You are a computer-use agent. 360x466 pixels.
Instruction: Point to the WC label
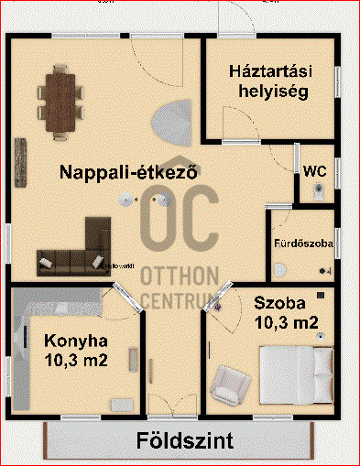pos(314,171)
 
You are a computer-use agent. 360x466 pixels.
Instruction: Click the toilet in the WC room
pos(317,190)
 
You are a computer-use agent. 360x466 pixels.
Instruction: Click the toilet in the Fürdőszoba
pos(280,270)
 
